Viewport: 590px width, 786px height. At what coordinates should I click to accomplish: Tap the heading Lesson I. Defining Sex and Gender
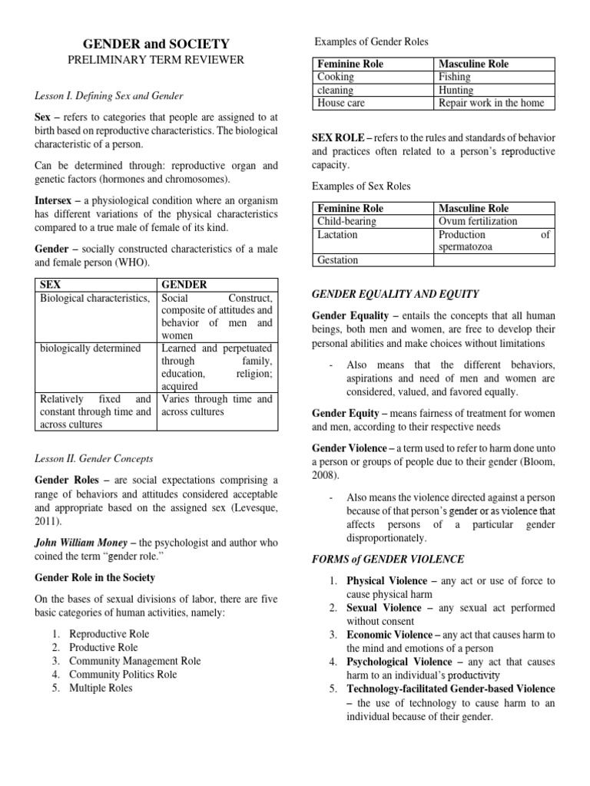111,96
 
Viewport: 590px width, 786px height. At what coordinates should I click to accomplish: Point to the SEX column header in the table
51,284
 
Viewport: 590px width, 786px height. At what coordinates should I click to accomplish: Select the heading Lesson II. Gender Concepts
94,458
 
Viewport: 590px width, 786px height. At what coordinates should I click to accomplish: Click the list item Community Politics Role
123,674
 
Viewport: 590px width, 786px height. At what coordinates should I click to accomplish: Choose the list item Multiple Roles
101,688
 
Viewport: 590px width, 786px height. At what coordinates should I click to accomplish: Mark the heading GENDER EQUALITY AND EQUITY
395,294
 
